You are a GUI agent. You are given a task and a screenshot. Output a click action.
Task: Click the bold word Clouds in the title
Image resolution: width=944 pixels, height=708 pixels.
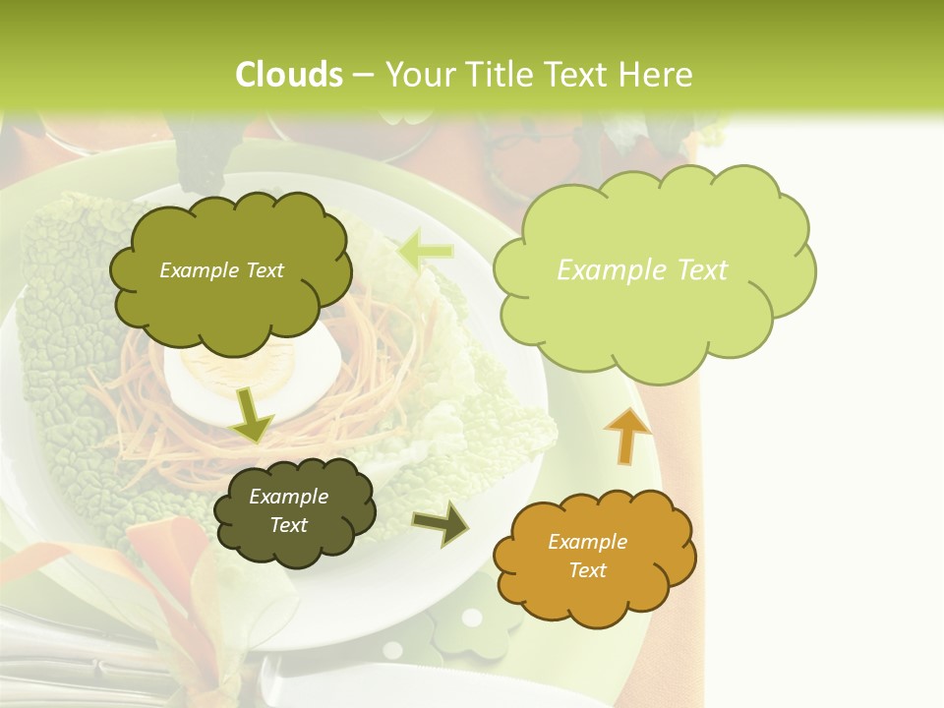tap(289, 75)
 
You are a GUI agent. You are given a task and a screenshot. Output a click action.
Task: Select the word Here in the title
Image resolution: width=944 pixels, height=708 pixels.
tap(657, 75)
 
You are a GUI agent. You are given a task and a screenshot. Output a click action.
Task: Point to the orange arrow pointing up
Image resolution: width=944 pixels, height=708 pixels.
tap(627, 434)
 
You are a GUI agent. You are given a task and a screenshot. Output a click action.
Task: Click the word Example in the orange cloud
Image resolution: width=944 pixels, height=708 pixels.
tap(587, 542)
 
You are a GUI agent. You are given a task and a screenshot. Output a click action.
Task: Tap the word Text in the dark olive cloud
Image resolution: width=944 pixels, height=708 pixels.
tap(289, 525)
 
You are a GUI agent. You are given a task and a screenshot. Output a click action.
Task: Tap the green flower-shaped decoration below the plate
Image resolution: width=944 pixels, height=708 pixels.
tap(462, 619)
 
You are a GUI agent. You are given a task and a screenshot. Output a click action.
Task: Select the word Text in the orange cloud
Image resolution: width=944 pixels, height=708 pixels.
tap(588, 570)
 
